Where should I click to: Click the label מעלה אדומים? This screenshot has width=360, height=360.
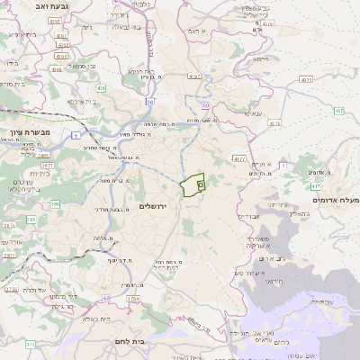pyautogui.click(x=335, y=199)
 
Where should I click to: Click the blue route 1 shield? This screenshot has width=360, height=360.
pyautogui.click(x=77, y=136)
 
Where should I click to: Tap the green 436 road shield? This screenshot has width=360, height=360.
pyautogui.click(x=102, y=88)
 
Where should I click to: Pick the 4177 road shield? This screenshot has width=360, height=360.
pyautogui.click(x=238, y=158)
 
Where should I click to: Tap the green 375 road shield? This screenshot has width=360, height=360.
pyautogui.click(x=30, y=344)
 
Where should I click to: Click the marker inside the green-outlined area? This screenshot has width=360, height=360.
pyautogui.click(x=200, y=184)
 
